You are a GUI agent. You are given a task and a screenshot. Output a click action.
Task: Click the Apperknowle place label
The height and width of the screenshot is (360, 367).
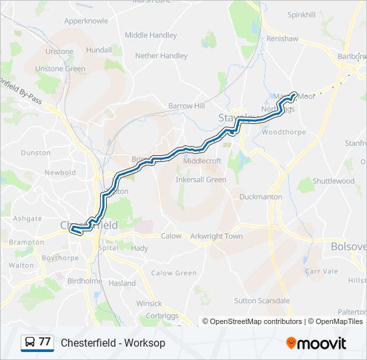pos(86,21)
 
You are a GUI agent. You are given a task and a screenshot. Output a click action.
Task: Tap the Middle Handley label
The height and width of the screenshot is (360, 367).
pos(151,35)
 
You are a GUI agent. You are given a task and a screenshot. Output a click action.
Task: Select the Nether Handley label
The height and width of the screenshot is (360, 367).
pos(161,56)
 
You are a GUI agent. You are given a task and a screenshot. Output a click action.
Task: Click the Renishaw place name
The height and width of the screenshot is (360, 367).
pos(282,39)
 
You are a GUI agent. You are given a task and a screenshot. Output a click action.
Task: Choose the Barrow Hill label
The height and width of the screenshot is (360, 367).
pos(186,106)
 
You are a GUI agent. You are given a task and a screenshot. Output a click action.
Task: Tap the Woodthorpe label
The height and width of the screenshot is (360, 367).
pos(284,132)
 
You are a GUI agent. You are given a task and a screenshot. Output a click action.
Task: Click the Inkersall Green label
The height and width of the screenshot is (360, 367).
pos(201,179)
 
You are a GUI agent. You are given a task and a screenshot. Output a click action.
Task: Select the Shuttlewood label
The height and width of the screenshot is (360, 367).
pos(334,181)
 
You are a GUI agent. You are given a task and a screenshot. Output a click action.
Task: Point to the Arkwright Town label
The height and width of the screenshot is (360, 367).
pos(216,236)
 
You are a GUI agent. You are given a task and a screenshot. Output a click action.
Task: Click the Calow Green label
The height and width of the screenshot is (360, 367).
pos(174,273)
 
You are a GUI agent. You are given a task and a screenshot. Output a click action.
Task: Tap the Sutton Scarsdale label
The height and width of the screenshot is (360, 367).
pos(262,301)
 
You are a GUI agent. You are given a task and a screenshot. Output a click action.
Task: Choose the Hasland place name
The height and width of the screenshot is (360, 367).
pos(122,283)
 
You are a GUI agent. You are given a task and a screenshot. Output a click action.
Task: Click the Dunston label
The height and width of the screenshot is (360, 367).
pos(36,153)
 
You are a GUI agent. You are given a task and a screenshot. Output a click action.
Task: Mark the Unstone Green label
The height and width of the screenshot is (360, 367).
pos(60,69)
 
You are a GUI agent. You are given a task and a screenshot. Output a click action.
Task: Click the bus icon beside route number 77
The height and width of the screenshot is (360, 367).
pos(30,343)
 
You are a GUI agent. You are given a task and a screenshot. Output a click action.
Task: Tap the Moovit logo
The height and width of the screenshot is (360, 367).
pos(316,343)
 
